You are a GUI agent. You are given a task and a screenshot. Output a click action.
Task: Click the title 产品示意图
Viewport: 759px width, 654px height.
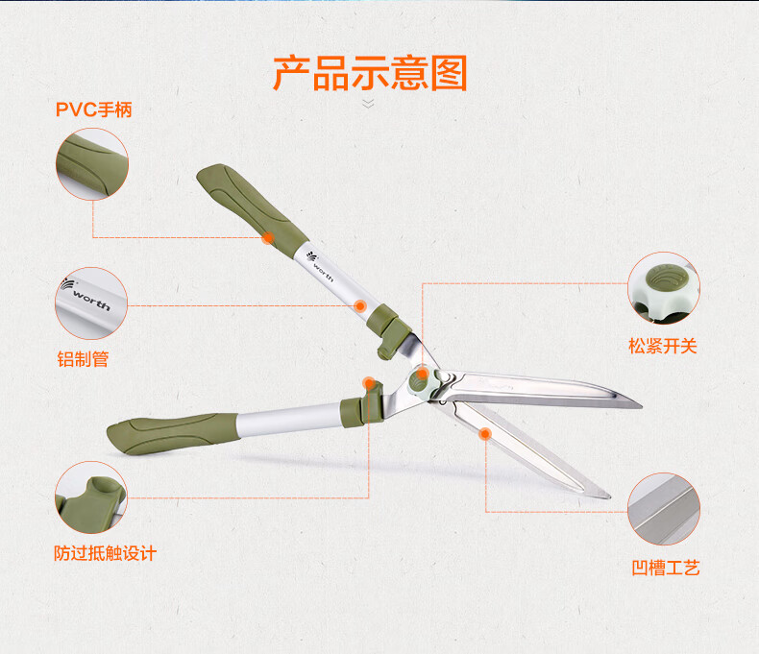370,73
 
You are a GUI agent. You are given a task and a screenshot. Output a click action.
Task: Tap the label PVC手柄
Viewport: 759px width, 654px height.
93,109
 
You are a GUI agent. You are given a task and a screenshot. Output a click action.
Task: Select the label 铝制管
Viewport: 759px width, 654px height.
83,360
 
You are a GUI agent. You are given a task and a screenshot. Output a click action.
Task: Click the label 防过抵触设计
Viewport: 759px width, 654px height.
105,553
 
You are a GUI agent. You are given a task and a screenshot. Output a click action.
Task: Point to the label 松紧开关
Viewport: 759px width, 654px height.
663,346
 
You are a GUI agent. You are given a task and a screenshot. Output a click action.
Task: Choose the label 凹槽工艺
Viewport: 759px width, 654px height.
666,568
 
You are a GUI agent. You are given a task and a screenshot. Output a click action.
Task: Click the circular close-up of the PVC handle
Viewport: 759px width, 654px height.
91,164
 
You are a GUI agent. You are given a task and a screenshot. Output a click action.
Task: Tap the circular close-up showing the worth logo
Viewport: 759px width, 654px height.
91,303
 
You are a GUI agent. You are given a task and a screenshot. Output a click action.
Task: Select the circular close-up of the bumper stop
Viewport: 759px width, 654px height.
91,497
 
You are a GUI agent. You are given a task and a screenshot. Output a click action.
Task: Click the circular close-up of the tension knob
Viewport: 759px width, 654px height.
664,287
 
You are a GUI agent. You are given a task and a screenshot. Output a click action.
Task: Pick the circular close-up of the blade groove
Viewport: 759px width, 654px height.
664,509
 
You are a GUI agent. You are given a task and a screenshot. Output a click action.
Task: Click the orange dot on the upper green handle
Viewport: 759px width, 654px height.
268,237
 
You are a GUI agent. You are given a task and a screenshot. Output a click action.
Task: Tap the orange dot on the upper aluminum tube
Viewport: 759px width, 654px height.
359,305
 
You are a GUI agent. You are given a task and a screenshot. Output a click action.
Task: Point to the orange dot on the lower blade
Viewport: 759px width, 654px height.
485,434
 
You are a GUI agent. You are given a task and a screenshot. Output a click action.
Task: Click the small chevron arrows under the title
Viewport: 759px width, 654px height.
368,103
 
